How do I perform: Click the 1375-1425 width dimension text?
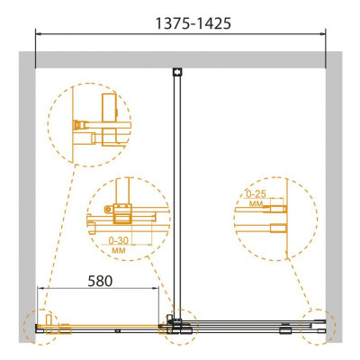193,23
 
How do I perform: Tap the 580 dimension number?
100,281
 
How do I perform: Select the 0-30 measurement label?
118,240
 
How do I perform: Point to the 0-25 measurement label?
256,194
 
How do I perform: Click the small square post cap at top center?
177,72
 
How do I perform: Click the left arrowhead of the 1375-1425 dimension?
38,33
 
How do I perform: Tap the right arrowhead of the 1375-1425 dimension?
323,33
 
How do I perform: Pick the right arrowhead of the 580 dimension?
156,288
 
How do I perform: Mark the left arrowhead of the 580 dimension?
40,288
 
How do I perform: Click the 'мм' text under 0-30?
118,250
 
